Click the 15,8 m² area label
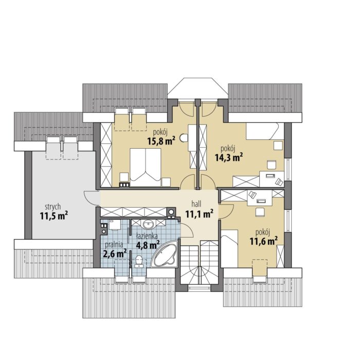161,141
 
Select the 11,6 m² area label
263,241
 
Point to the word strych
53,207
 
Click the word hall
196,204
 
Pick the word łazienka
147,236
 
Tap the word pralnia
114,245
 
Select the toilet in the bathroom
139,261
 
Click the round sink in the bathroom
149,224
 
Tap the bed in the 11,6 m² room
229,248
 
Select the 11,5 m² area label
54,215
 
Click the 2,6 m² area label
115,254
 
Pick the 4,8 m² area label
148,245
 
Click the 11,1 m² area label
200,214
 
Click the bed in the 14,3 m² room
262,131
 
